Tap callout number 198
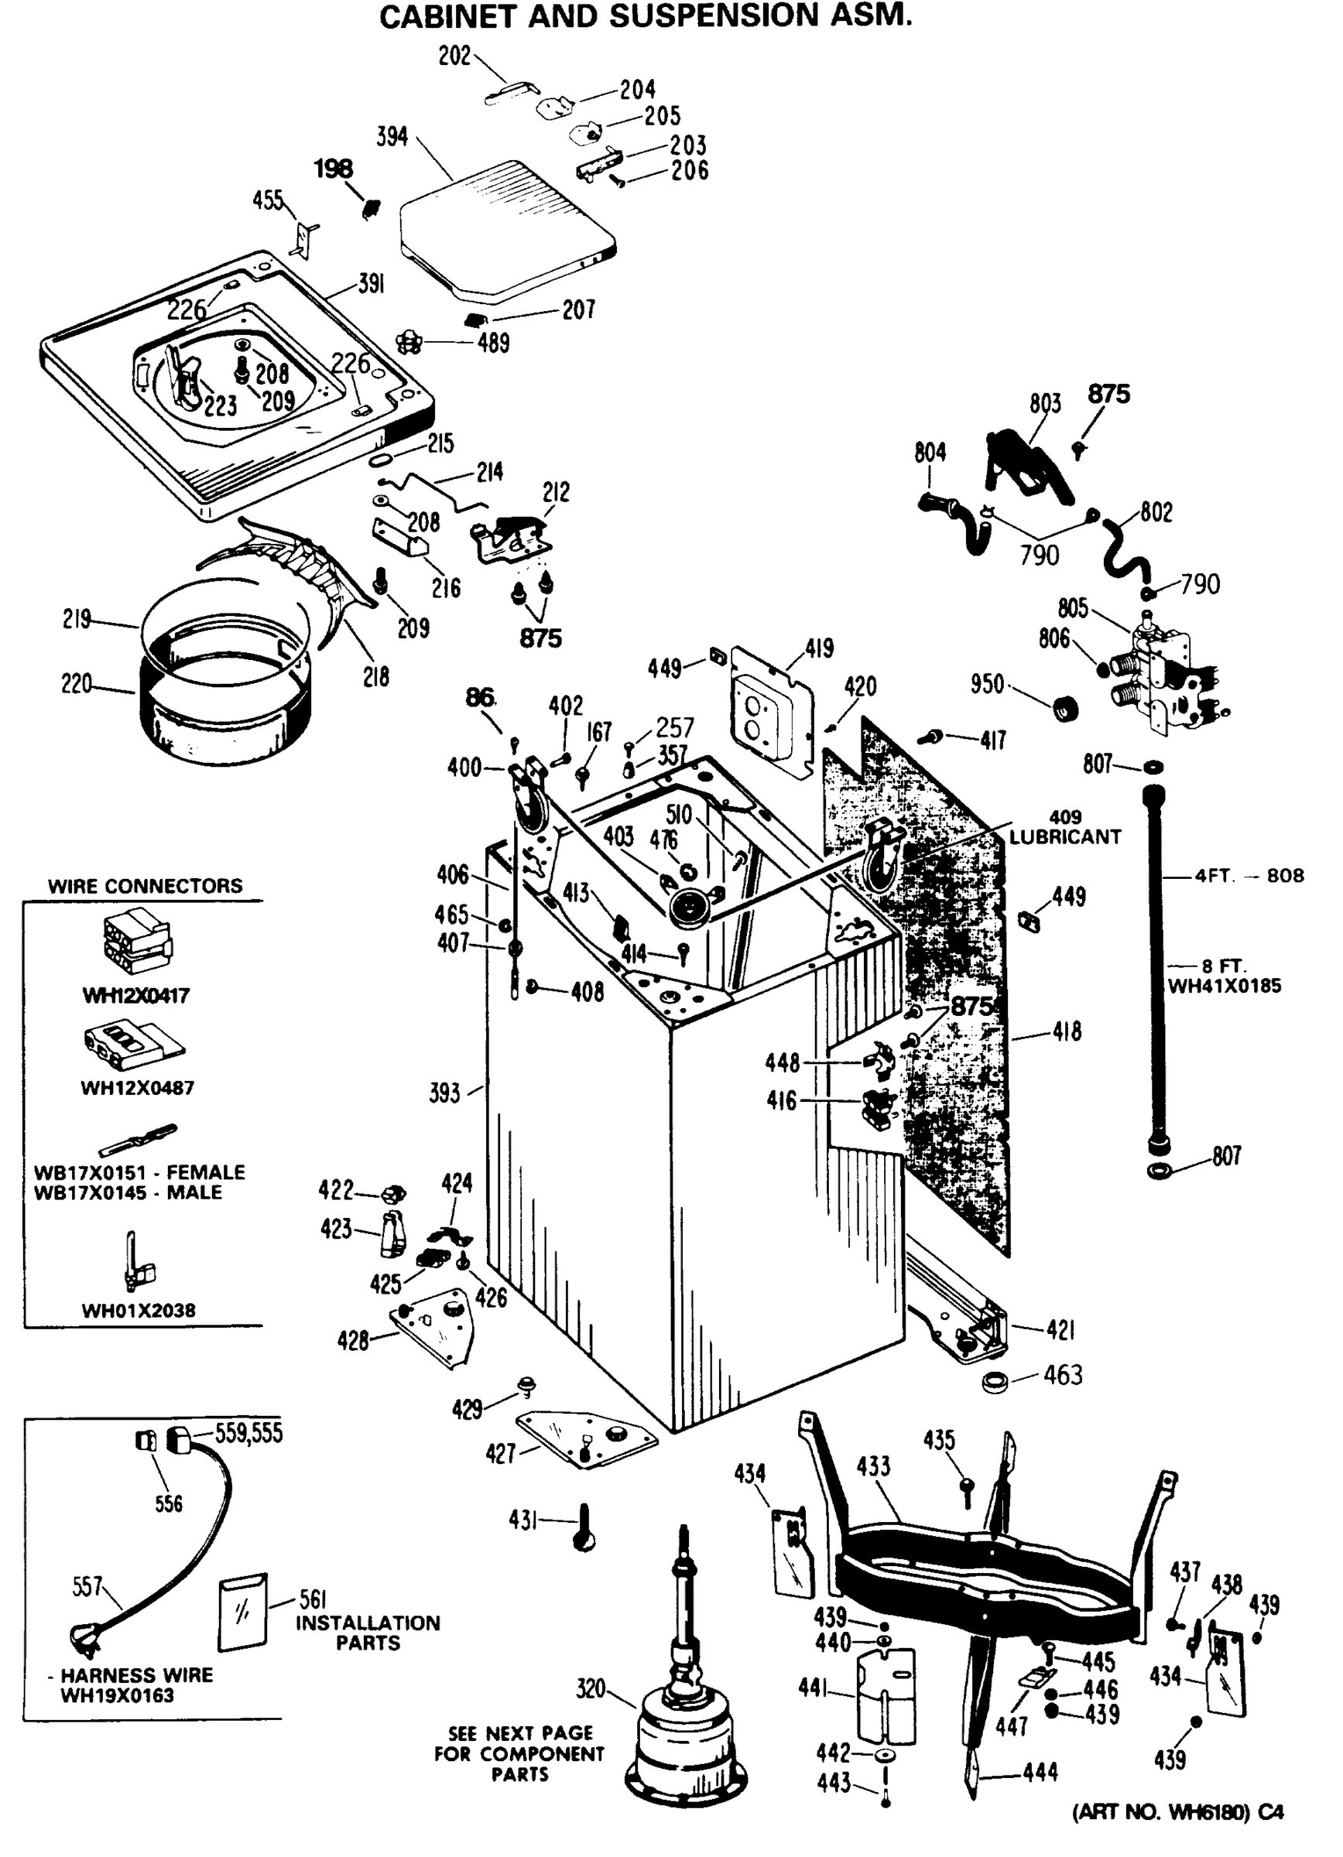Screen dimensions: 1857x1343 [x=334, y=169]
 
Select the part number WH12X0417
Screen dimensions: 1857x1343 [x=136, y=996]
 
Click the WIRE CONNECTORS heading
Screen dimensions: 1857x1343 [x=145, y=885]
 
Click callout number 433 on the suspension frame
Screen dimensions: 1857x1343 [x=873, y=1465]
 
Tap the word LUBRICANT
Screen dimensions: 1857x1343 [x=1064, y=836]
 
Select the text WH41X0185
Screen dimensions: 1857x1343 [x=1224, y=986]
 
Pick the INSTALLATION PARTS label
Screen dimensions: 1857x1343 [x=368, y=1633]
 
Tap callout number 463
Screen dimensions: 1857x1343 [x=1062, y=1375]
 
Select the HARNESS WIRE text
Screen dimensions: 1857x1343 [x=136, y=1675]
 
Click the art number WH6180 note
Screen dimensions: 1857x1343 [x=1177, y=1813]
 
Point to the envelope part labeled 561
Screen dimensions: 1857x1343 [x=242, y=1612]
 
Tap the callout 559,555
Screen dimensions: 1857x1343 [x=248, y=1433]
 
